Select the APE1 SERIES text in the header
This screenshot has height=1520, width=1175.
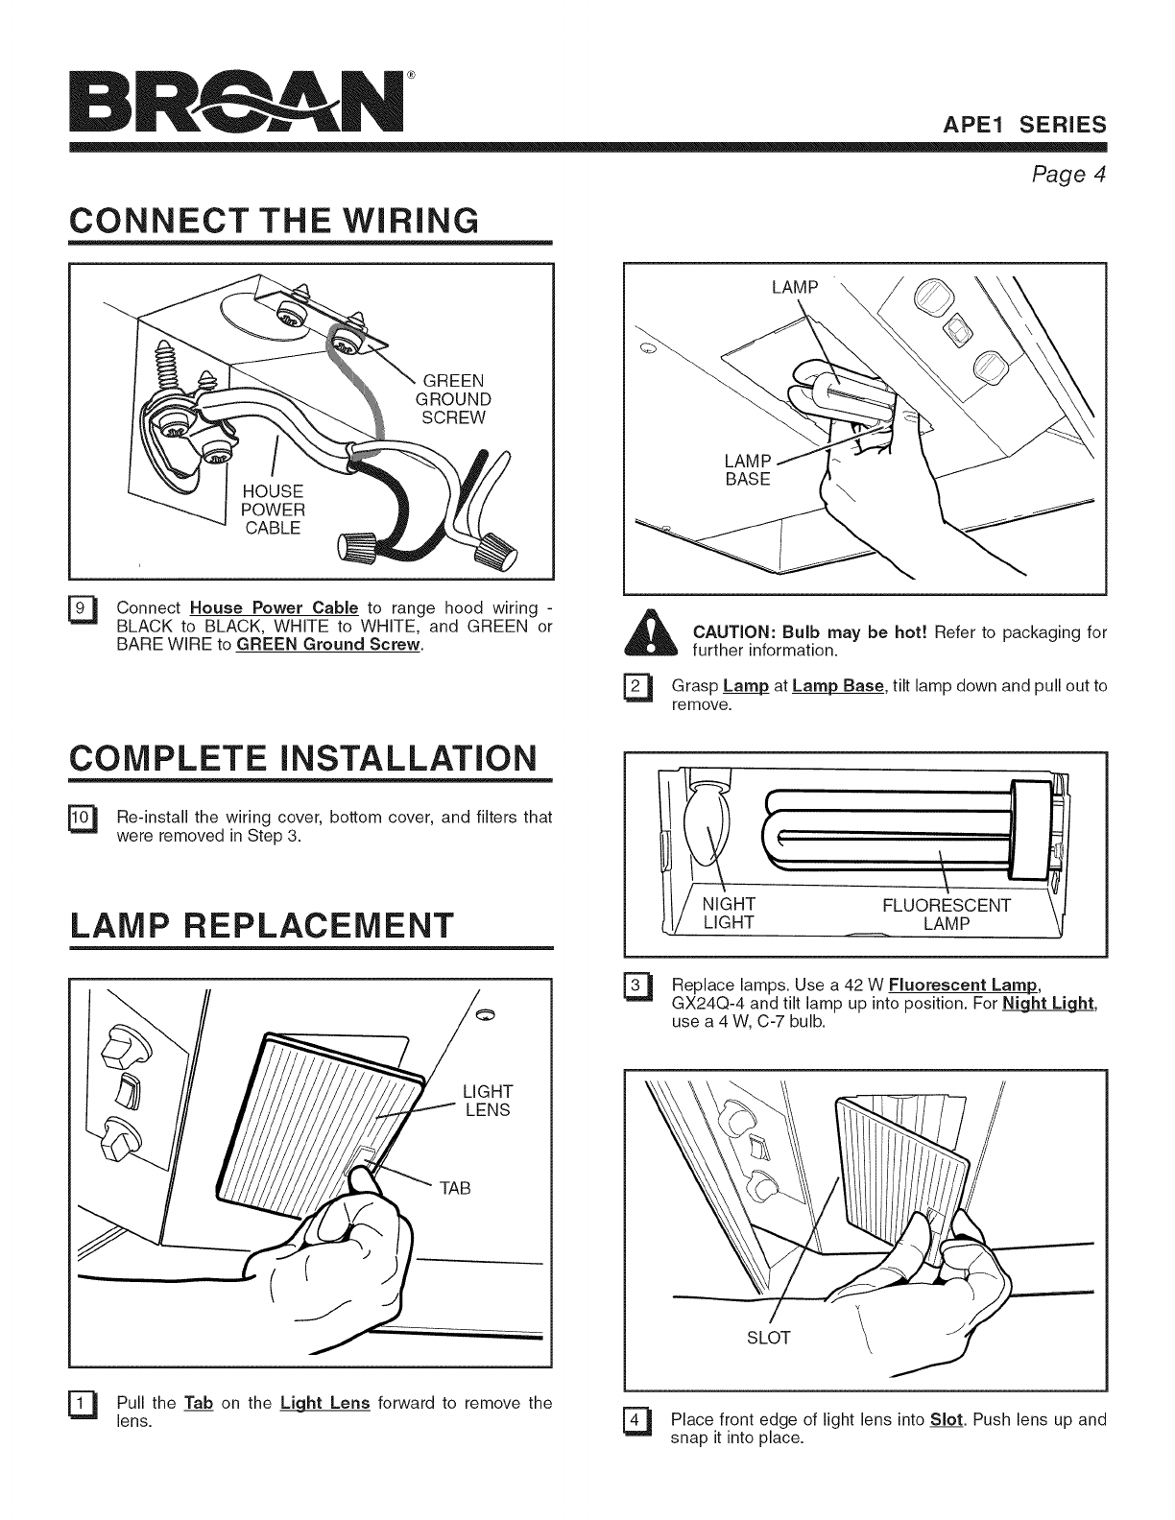click(1024, 126)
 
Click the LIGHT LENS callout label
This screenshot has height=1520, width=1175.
click(487, 1101)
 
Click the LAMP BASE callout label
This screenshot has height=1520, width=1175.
click(748, 470)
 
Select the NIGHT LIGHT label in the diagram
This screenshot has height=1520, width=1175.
click(729, 914)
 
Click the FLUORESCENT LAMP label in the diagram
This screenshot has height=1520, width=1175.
click(946, 914)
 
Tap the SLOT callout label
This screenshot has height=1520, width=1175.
click(768, 1338)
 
